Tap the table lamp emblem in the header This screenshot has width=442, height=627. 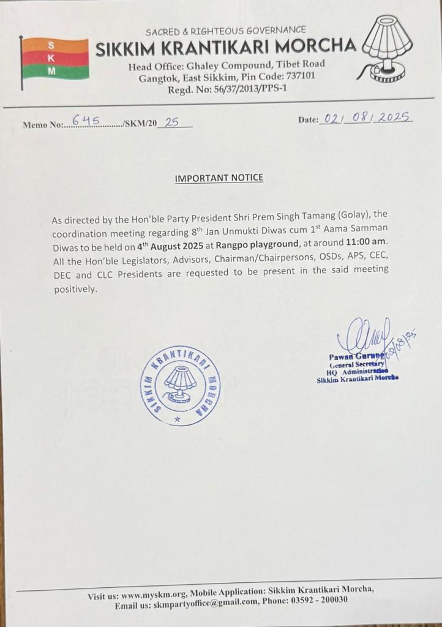tap(389, 49)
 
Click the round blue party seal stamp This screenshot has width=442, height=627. tap(181, 385)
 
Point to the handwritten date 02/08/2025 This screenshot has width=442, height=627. tap(365, 118)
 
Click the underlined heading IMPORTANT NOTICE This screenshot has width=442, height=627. tap(219, 178)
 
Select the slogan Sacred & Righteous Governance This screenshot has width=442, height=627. tap(226, 30)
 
